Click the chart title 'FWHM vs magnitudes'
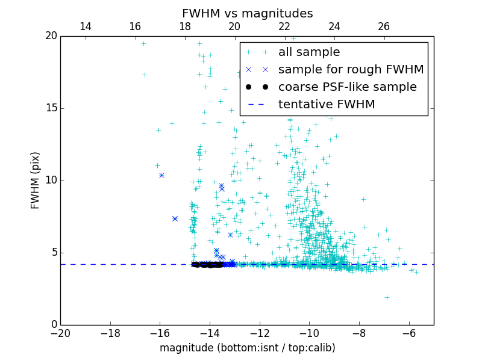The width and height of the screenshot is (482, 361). coord(247,13)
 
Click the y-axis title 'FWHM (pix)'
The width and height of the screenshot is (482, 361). coord(36,180)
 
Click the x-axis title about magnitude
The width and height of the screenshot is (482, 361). coord(247,348)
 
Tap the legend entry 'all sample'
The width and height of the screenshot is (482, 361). coord(309,52)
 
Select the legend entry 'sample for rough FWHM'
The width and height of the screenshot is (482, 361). coord(351,70)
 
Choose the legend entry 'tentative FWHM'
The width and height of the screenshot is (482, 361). coord(327,105)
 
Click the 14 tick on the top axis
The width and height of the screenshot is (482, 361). coord(86,26)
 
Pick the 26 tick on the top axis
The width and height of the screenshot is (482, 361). coord(384,26)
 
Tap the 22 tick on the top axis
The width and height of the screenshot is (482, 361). coord(284,26)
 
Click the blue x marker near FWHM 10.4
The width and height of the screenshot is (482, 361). coord(161,175)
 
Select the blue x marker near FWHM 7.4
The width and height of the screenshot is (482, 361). coord(175,218)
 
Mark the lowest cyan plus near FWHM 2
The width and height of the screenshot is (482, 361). coord(387,297)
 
